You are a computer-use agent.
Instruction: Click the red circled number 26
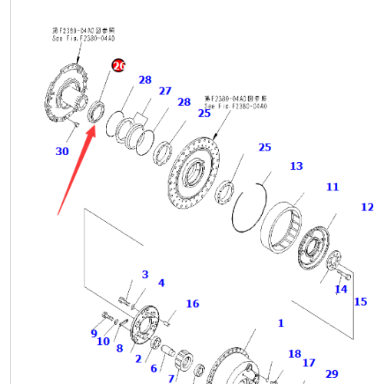[118, 66]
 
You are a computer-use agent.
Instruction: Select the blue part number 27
[165, 91]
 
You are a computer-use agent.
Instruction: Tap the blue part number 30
[61, 151]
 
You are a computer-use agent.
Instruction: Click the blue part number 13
[296, 166]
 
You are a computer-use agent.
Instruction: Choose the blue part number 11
[332, 187]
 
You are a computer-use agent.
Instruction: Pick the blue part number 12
[367, 207]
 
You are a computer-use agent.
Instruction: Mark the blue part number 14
[341, 289]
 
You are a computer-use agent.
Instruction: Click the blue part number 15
[360, 301]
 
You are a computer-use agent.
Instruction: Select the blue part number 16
[192, 304]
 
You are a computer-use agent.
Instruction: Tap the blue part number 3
[144, 275]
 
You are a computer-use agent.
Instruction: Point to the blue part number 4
[161, 283]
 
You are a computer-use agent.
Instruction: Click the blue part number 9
[94, 333]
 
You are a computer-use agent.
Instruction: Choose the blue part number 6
[154, 368]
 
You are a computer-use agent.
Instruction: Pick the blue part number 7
[170, 377]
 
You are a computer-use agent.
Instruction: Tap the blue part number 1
[280, 324]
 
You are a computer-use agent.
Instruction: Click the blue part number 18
[295, 353]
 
